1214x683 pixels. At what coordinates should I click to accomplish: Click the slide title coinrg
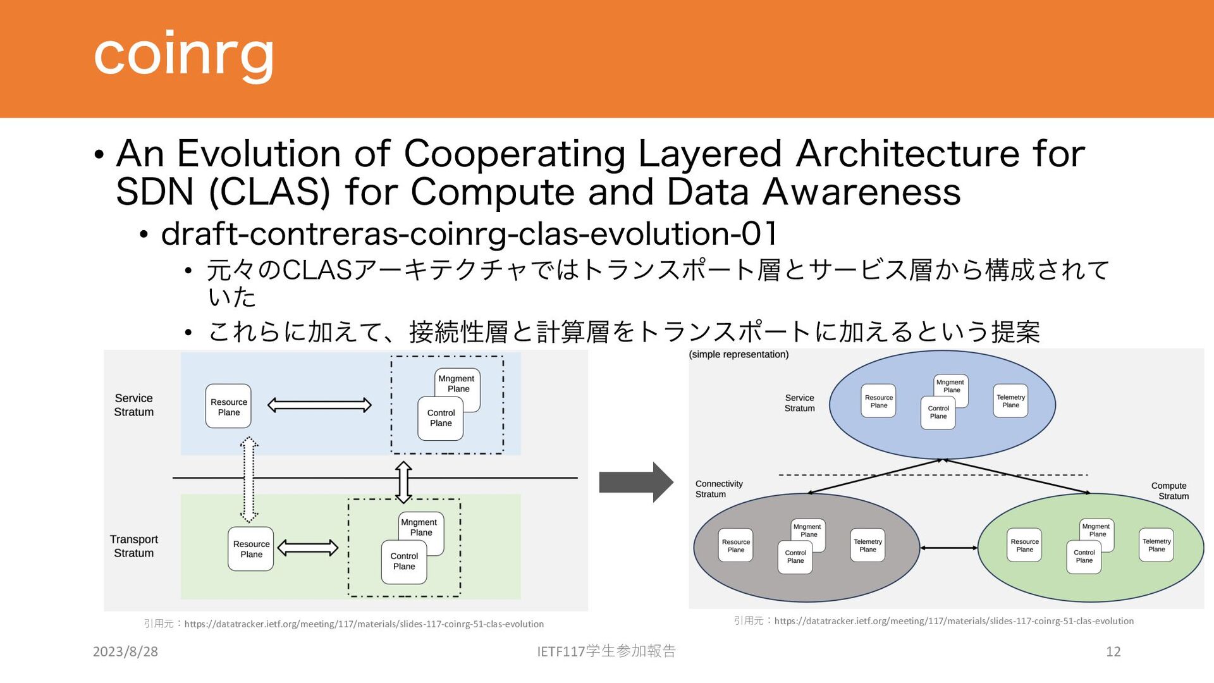click(183, 55)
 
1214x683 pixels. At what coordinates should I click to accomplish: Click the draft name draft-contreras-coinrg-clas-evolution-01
click(469, 233)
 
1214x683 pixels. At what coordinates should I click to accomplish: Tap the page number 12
click(1113, 651)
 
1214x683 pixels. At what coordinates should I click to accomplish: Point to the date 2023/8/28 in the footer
click(125, 651)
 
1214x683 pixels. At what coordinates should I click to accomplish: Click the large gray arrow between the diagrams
click(635, 482)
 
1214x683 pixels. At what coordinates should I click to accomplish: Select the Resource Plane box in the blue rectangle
click(228, 407)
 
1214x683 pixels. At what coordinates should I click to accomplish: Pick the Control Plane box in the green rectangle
click(404, 562)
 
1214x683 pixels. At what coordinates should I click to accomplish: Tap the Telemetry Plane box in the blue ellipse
click(1010, 401)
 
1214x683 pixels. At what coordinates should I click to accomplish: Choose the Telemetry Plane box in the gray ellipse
click(868, 545)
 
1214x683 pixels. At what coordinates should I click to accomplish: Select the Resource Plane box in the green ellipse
click(1024, 545)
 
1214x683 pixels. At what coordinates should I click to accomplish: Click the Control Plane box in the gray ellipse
click(795, 557)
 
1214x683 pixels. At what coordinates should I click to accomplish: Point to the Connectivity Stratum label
click(719, 489)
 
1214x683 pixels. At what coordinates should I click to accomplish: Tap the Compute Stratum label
click(1170, 491)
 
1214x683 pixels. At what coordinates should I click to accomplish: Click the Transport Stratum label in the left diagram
click(133, 546)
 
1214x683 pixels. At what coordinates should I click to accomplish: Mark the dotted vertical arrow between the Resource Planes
click(249, 479)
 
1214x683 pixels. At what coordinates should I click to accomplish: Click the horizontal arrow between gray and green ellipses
click(948, 548)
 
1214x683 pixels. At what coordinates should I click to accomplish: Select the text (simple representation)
click(739, 354)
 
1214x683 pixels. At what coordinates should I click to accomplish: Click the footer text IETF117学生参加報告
click(606, 651)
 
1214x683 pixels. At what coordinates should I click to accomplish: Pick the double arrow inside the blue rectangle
click(319, 405)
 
